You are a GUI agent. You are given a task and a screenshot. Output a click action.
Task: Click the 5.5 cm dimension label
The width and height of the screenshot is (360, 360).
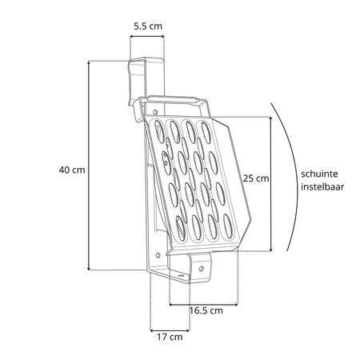click(x=148, y=26)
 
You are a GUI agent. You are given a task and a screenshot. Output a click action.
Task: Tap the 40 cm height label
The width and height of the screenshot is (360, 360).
click(x=72, y=170)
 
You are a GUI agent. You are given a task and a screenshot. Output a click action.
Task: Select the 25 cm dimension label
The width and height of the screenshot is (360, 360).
click(x=256, y=178)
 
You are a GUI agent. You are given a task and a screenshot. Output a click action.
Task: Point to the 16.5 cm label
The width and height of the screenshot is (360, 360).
click(x=206, y=310)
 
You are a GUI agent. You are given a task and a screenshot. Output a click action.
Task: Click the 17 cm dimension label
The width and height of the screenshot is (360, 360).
click(x=170, y=337)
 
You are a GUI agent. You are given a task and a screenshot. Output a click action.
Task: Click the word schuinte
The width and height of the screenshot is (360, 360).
click(x=319, y=174)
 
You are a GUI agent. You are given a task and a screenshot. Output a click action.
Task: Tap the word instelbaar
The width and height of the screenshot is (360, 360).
click(x=322, y=186)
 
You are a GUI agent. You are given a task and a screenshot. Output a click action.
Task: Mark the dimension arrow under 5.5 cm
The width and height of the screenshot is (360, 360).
click(x=147, y=36)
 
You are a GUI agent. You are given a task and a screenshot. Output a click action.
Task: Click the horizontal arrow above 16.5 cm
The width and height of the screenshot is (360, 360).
click(x=204, y=304)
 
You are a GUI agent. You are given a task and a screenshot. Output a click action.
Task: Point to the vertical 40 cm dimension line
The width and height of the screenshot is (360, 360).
click(x=89, y=166)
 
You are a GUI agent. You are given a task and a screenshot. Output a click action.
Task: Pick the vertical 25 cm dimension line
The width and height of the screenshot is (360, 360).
click(x=270, y=184)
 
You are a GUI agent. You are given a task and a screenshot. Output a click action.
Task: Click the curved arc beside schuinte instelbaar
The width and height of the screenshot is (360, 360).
click(x=297, y=176)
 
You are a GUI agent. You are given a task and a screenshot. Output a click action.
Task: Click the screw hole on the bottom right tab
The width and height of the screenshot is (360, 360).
click(x=202, y=268)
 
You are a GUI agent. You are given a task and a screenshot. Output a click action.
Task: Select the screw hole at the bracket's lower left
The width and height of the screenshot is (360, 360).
click(x=158, y=255)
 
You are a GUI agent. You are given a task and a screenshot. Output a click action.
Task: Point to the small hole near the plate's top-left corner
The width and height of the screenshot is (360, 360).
click(x=154, y=111)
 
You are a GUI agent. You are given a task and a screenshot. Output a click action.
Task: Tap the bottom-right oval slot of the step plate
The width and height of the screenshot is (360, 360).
click(x=227, y=225)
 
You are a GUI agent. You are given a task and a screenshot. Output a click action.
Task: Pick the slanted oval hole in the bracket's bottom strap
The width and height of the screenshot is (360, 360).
click(x=181, y=276)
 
